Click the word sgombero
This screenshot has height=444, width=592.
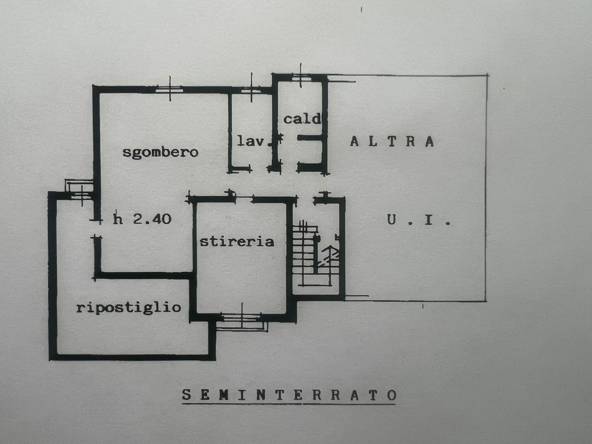[x=160, y=152]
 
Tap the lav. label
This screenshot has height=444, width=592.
[x=250, y=141]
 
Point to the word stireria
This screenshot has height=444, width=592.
[x=237, y=241]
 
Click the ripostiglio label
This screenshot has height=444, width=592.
[x=129, y=308]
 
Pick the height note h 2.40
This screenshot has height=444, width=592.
[x=142, y=219]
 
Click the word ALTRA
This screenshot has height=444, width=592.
[x=392, y=141]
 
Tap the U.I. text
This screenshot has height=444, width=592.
[x=419, y=221]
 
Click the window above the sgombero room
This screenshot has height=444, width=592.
[x=170, y=88]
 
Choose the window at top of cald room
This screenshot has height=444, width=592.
[x=301, y=76]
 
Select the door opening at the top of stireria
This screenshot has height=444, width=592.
[x=243, y=198]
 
